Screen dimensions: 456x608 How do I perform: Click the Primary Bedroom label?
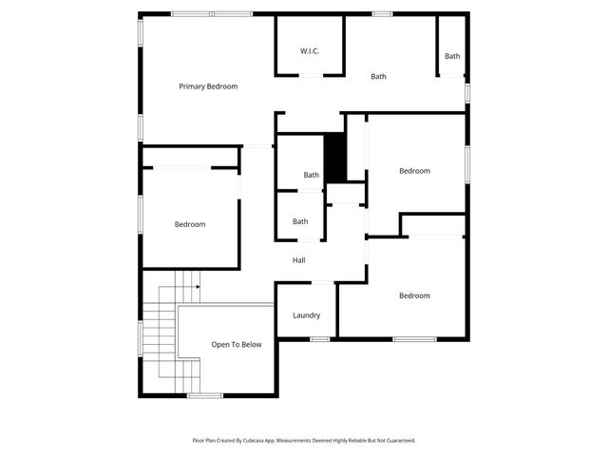click(x=208, y=86)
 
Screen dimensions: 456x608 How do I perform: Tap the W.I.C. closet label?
click(x=310, y=50)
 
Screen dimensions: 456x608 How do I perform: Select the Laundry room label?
click(x=306, y=315)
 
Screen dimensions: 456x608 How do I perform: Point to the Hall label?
click(x=298, y=260)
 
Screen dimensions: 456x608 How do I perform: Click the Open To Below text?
click(x=236, y=345)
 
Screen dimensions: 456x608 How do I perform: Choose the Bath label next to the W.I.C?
click(x=378, y=77)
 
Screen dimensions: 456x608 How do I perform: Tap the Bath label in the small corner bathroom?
click(x=452, y=56)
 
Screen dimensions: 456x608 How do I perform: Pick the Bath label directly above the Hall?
click(x=300, y=222)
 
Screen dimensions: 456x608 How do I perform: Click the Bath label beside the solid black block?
click(x=311, y=175)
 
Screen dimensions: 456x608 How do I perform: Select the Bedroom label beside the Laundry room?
click(x=414, y=296)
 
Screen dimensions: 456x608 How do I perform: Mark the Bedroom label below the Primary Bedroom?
click(x=190, y=225)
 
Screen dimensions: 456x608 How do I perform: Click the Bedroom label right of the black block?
click(x=414, y=171)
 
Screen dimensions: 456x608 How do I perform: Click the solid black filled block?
click(x=335, y=158)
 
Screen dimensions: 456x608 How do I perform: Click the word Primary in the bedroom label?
click(x=193, y=86)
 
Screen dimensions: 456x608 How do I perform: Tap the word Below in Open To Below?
click(x=250, y=345)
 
